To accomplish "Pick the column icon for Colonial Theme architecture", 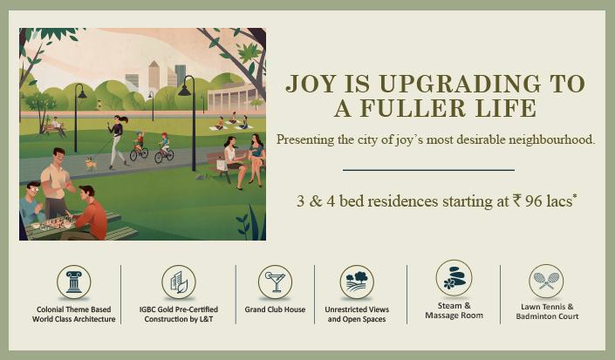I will pyautogui.click(x=73, y=282).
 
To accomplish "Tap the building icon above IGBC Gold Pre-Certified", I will pyautogui.click(x=178, y=282).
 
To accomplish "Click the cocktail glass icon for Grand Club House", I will pyautogui.click(x=275, y=282).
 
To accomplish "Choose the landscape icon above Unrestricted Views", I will pyautogui.click(x=357, y=282).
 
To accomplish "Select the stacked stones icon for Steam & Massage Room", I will pyautogui.click(x=454, y=278).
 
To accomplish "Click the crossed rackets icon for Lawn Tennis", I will pyautogui.click(x=546, y=281).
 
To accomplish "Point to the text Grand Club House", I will pyautogui.click(x=275, y=309).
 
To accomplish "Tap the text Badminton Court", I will pyautogui.click(x=546, y=316).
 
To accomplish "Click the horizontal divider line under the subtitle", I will pyautogui.click(x=428, y=170).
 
